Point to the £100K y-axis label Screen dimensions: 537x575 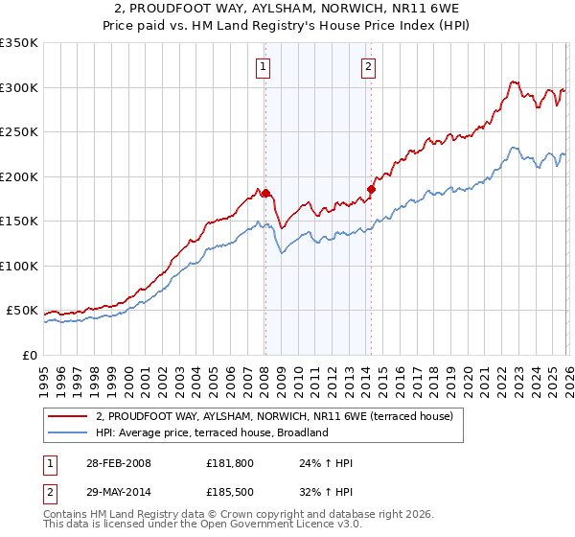19,266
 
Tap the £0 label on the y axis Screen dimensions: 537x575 29,355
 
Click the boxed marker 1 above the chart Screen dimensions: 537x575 263,66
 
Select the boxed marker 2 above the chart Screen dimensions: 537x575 368,66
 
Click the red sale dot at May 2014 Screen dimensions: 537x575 371,189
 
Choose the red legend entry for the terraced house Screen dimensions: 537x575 280,416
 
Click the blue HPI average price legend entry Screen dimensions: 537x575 212,432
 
